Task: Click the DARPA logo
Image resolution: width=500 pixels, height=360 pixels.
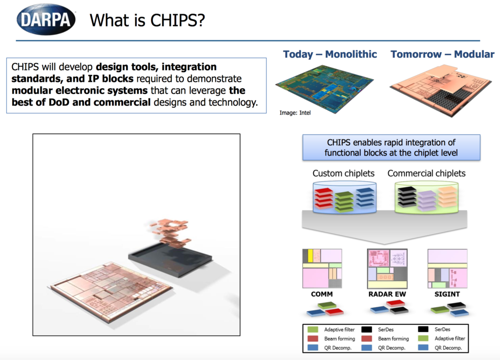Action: click(x=47, y=19)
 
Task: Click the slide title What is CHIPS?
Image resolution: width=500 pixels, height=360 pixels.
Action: click(x=147, y=20)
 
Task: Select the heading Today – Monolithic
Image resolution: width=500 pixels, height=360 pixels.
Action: click(x=330, y=54)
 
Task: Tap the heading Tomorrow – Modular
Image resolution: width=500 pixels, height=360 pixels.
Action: click(x=442, y=54)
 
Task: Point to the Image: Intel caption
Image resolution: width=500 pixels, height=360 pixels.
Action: click(x=295, y=113)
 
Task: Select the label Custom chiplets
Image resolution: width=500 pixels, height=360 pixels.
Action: click(x=343, y=173)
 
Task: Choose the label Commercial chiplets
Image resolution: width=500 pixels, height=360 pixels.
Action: click(x=426, y=173)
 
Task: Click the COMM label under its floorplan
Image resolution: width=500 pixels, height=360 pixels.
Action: click(x=322, y=295)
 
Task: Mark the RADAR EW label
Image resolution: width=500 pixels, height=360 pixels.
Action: click(x=386, y=295)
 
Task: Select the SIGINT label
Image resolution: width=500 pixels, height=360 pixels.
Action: click(x=447, y=295)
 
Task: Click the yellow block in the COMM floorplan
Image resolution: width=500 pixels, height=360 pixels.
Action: click(x=310, y=255)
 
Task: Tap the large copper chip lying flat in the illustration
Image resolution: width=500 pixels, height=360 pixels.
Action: click(x=112, y=288)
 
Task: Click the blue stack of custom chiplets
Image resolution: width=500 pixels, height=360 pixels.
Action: click(x=365, y=198)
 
